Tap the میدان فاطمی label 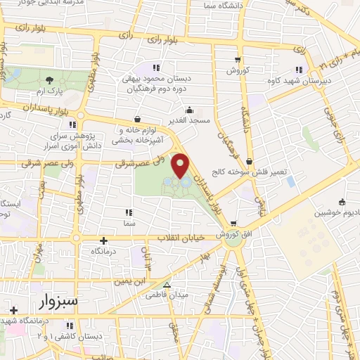(x=167, y=296)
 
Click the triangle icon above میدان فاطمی (x=167, y=285)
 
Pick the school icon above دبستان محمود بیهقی (x=155, y=68)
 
